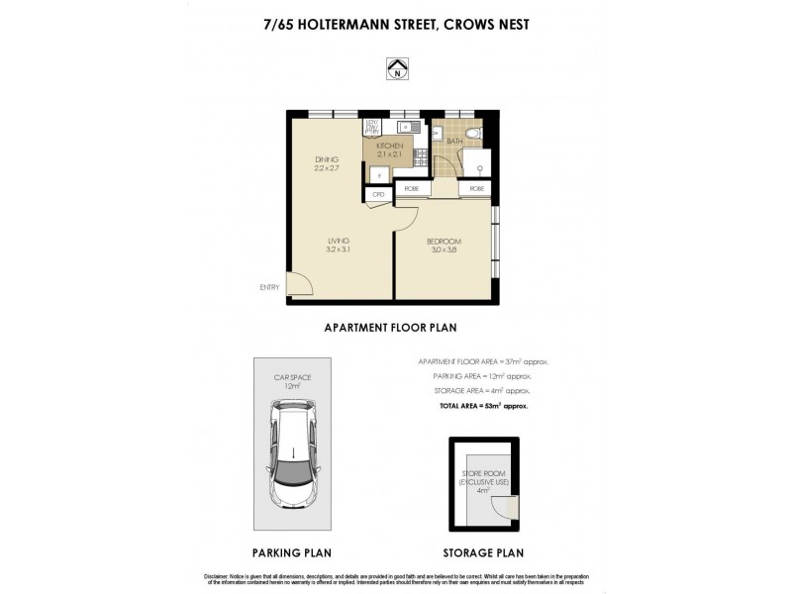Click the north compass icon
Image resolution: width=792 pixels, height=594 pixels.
[x=396, y=69]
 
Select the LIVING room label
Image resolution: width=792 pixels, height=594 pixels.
[x=338, y=244]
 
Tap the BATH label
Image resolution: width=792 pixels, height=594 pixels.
[x=454, y=142]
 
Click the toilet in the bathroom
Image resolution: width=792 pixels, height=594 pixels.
[x=473, y=132]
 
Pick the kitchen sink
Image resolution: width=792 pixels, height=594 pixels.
[x=405, y=127]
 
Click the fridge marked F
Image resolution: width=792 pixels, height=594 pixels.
[x=377, y=175]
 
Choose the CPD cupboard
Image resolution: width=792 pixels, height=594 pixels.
[x=377, y=194]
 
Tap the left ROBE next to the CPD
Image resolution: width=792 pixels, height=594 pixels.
[x=411, y=188]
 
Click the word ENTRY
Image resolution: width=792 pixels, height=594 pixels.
[x=270, y=288]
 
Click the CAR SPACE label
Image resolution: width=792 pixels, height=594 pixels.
[x=293, y=380]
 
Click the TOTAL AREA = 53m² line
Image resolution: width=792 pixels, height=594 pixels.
[x=484, y=406]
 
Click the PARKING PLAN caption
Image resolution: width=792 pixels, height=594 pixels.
[x=292, y=552]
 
